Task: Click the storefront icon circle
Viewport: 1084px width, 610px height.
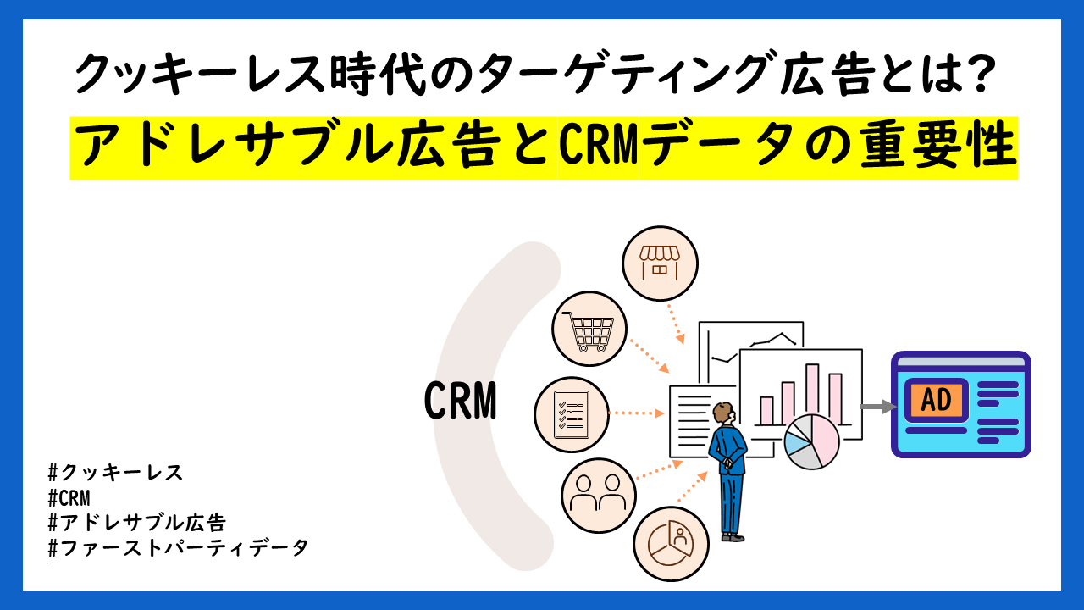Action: point(660,263)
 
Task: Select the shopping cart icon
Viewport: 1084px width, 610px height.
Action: point(589,329)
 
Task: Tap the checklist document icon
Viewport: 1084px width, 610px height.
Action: point(572,414)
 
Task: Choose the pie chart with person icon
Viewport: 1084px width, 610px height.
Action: point(670,542)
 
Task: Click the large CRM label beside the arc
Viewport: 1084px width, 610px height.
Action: point(460,401)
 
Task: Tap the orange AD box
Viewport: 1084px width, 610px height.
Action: point(936,400)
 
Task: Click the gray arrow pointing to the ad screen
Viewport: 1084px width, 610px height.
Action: point(877,407)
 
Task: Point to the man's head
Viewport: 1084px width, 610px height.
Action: point(722,413)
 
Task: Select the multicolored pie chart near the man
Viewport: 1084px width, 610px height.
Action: point(811,441)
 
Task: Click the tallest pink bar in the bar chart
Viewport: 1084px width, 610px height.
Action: point(812,394)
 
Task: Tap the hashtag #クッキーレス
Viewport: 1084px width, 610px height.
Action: point(116,473)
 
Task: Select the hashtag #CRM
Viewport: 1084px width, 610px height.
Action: point(69,497)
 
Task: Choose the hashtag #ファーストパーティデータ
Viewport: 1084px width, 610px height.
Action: point(179,547)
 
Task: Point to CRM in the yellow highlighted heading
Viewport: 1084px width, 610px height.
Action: point(598,147)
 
